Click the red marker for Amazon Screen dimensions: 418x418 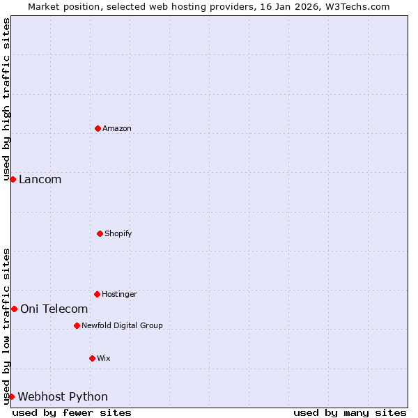(x=98, y=128)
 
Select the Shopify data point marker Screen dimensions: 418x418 (x=100, y=233)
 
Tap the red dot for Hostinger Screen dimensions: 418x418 (x=97, y=294)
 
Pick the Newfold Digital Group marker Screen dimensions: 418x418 (x=77, y=325)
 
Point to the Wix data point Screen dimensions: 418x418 (x=92, y=358)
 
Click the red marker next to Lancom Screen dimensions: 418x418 (x=13, y=179)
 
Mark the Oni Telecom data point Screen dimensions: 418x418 (x=14, y=309)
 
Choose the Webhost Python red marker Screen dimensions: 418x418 (x=11, y=396)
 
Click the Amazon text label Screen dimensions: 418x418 (x=117, y=128)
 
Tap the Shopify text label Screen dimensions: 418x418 (x=118, y=233)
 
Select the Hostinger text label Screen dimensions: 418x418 (x=119, y=294)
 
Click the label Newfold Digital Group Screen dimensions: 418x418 (x=122, y=325)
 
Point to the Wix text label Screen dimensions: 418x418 (x=104, y=358)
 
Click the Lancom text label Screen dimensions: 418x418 (x=40, y=179)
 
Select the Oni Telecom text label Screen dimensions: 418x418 (x=54, y=309)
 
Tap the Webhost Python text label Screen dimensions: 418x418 (x=63, y=396)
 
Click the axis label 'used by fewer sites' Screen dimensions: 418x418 (x=72, y=412)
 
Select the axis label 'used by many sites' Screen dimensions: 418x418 (x=350, y=412)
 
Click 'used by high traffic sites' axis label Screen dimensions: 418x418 (x=6, y=100)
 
